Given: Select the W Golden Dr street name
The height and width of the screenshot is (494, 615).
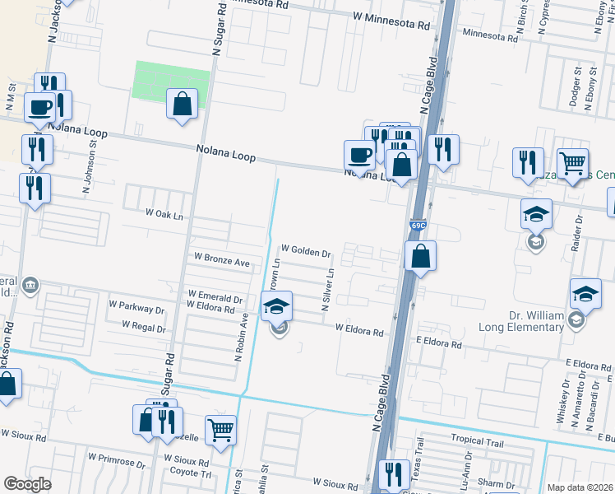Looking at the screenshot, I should coord(305,248).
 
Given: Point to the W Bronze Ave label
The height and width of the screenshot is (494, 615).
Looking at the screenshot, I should coord(221,259).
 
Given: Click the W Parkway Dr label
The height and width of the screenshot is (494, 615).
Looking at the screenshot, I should coord(136,309).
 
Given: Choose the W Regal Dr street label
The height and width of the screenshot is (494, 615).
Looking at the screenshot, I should coord(144,327).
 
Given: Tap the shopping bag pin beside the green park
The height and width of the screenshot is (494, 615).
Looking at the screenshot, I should coord(182,105).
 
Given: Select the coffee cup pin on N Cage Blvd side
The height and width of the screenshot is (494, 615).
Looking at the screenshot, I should coord(359,154).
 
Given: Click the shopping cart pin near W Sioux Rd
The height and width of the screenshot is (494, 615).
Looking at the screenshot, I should coord(220,430).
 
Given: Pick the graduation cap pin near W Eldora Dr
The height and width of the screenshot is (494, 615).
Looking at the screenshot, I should coord(277,307).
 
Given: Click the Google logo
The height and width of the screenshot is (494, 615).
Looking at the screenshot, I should coord(27,484).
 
